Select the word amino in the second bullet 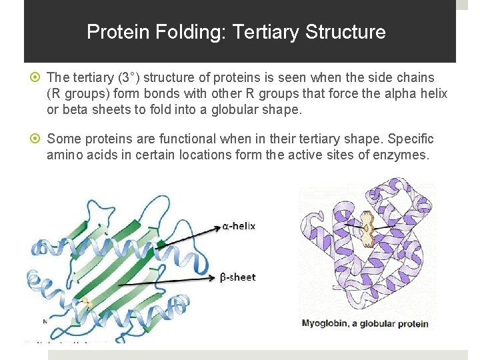tap(65, 155)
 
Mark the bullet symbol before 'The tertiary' tap(36, 78)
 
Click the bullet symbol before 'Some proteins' tap(36, 139)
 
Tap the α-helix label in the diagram tap(239, 226)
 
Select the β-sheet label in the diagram tap(238, 277)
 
